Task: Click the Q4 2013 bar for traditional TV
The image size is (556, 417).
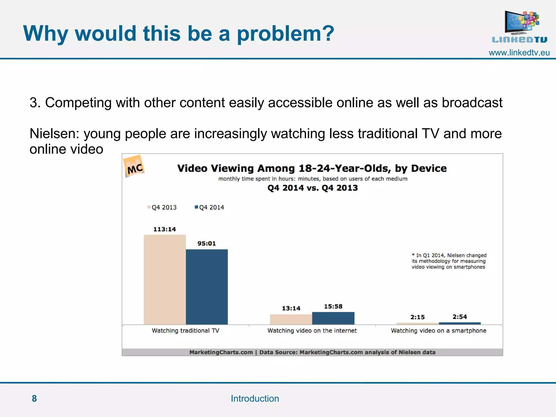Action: click(x=165, y=280)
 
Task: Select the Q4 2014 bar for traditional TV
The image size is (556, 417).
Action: click(x=207, y=287)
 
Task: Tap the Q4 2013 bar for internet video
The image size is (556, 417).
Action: click(x=291, y=319)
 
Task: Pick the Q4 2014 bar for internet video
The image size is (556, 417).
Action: click(x=333, y=318)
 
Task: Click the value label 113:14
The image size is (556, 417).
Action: click(x=165, y=229)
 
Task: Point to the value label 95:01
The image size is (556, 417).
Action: click(x=207, y=244)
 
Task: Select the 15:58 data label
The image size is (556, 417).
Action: click(x=333, y=307)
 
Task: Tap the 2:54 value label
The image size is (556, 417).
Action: click(x=460, y=317)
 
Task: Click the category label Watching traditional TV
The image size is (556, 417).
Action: click(x=185, y=331)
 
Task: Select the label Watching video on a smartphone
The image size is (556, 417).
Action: click(x=438, y=331)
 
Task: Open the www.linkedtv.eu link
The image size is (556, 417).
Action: click(x=519, y=53)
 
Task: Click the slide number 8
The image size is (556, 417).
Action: click(x=34, y=399)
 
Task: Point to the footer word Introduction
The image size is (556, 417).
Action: click(x=255, y=399)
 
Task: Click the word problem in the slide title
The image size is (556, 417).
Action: click(x=285, y=34)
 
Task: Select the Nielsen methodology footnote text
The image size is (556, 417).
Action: click(x=449, y=261)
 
